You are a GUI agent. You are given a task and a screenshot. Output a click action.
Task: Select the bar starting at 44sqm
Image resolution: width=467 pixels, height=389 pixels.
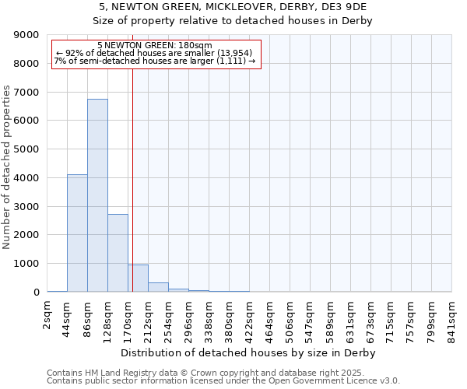tap(77, 233)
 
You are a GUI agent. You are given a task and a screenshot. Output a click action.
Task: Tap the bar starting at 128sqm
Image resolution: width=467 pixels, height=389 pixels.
tap(118, 253)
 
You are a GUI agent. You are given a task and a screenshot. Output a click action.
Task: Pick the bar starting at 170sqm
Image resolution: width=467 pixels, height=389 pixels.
tap(138, 279)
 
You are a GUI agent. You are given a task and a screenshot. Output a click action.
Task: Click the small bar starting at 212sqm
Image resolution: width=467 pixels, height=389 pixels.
tap(158, 287)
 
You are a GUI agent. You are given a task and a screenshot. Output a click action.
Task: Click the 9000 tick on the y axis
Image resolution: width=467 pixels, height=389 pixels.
tap(26, 35)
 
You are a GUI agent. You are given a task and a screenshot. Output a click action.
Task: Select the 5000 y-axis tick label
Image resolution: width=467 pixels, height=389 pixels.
tap(26, 149)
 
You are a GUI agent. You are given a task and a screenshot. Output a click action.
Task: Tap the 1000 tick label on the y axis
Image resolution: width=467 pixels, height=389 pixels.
tap(26, 264)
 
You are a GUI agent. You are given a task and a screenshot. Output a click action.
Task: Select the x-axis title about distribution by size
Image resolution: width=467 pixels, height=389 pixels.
tap(249, 353)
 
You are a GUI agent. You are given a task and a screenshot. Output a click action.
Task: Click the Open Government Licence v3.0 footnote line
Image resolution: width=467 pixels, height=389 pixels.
tap(223, 381)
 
